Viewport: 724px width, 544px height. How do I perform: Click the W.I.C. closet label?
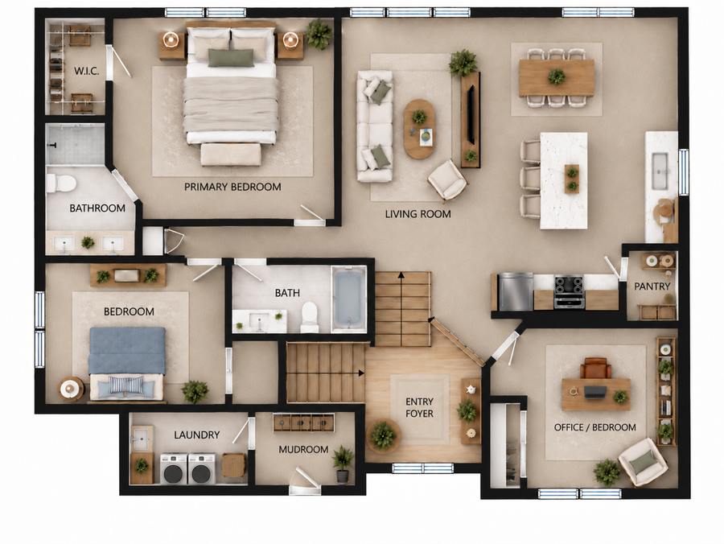86,71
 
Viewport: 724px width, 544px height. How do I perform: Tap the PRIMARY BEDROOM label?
232,187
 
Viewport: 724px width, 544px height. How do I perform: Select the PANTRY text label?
652,286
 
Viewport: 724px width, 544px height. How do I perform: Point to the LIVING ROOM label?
418,214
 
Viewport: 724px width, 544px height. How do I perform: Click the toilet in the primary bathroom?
61,183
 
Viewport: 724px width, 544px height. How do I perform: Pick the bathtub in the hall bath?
349,299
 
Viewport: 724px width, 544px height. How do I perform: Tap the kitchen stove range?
569,292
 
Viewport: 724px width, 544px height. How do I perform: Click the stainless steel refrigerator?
516,292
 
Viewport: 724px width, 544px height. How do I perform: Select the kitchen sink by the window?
660,171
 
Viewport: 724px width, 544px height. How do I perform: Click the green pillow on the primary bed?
231,58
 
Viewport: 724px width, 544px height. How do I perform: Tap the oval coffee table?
419,129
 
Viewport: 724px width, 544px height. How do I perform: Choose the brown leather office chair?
595,368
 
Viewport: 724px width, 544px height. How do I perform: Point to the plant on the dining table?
557,76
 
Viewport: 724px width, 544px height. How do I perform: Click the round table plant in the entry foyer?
383,435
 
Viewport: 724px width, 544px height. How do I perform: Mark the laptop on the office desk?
595,392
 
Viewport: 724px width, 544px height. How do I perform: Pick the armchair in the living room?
447,180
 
